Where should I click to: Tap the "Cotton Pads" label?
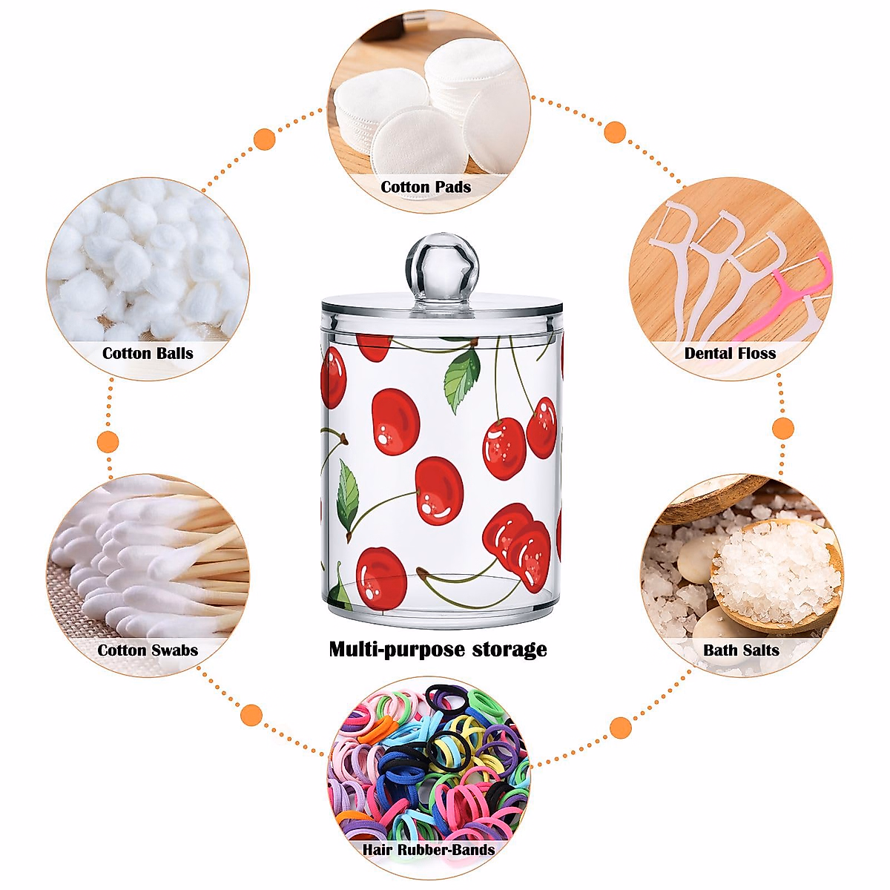coord(426,187)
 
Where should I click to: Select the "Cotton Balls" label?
coord(148,353)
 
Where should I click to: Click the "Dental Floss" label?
coord(730,353)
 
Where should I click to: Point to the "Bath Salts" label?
coord(741,650)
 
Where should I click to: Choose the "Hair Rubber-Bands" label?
coord(429,849)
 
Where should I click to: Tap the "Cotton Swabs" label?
coord(148,650)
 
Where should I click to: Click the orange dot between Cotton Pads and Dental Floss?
coord(615,133)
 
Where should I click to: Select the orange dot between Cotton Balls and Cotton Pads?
coord(265,139)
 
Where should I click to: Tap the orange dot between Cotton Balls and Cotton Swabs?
coord(108,442)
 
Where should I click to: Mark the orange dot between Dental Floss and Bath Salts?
coord(783,428)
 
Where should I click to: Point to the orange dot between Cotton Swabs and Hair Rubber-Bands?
coord(252,715)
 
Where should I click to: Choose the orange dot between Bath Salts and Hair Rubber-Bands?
coord(621,728)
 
